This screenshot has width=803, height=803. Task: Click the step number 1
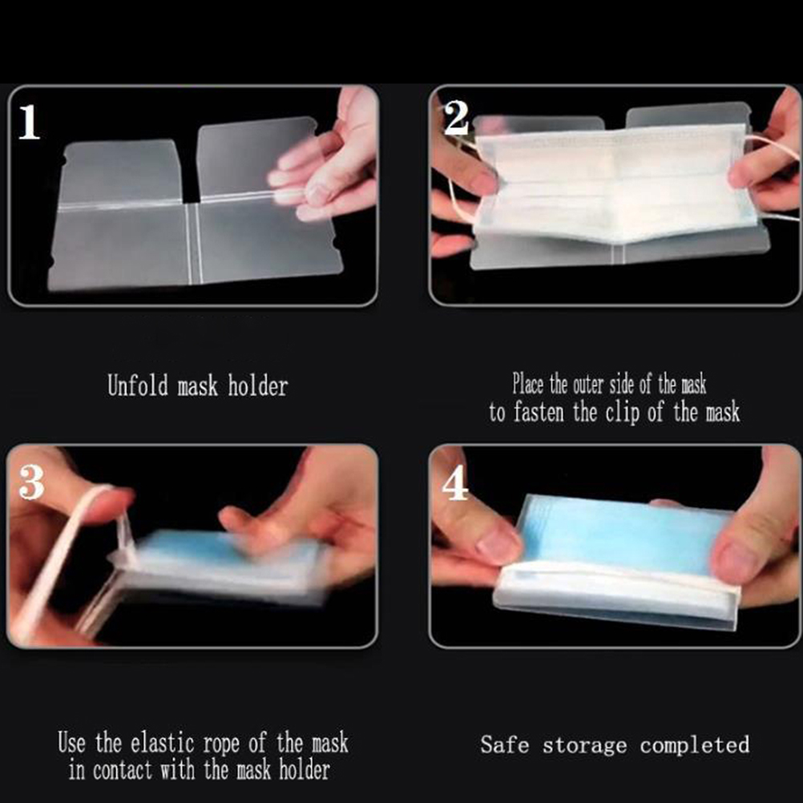[29, 122]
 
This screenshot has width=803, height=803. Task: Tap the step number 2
[456, 118]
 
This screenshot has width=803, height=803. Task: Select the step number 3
[31, 482]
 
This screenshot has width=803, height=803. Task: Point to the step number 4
[455, 484]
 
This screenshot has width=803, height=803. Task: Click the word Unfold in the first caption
[137, 385]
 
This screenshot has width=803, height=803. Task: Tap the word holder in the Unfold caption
[257, 385]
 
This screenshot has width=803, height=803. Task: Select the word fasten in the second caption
[539, 412]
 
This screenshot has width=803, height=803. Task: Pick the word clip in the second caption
[623, 413]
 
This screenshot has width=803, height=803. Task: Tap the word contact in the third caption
[123, 769]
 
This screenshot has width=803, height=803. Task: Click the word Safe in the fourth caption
[504, 744]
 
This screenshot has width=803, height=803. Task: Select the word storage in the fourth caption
[585, 745]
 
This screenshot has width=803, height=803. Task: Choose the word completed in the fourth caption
[695, 744]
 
